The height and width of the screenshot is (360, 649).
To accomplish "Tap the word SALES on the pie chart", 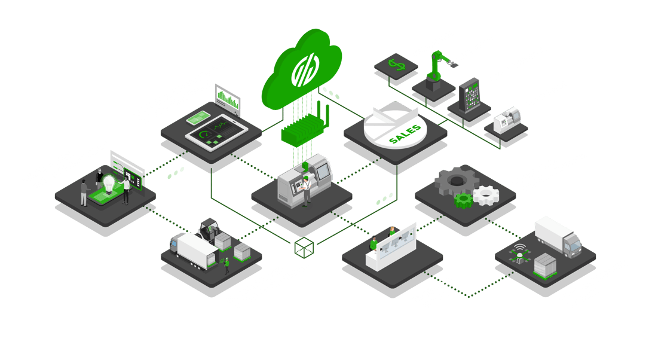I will pos(405,133).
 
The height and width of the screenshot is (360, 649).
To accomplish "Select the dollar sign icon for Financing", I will pos(395,63).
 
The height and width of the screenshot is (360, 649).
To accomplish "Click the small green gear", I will pos(464,200).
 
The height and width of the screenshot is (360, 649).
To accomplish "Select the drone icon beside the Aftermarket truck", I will pos(519,255).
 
